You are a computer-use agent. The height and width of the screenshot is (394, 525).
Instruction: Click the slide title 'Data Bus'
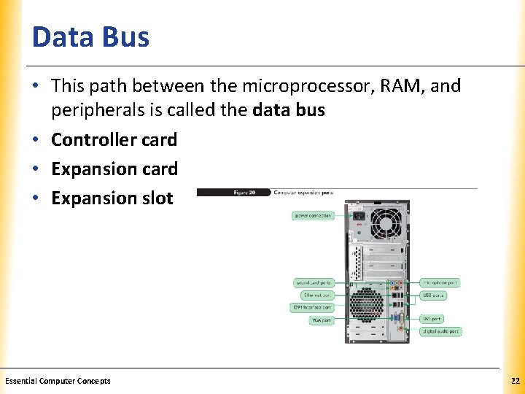point(90,37)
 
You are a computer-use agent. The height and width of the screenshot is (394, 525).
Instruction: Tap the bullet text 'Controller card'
point(114,139)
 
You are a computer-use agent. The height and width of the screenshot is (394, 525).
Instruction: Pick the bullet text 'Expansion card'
point(114,169)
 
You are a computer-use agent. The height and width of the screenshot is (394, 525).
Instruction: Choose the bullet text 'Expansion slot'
point(112,198)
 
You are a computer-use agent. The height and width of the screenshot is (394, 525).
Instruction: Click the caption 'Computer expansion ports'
point(303,193)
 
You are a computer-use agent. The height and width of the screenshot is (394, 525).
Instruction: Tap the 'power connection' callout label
point(313,216)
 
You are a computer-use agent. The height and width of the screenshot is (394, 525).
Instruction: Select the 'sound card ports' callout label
point(314,282)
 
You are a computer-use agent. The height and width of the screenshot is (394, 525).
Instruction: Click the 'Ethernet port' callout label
point(317,295)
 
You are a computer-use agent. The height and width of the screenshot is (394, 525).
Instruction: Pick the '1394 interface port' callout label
point(312,307)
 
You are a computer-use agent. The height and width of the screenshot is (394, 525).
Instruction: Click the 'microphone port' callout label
point(441,282)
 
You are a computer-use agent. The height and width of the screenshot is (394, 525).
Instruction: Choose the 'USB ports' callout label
point(433,295)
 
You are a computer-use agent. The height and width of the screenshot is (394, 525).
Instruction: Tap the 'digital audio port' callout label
point(441,331)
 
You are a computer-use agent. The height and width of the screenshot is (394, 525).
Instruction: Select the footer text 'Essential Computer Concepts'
point(58,381)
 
